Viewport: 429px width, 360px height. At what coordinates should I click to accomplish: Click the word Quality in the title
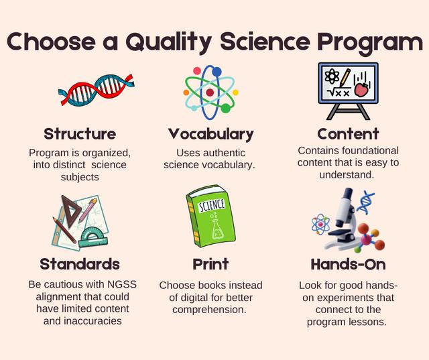tap(161, 42)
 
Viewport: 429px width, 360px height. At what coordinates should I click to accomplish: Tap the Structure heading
tap(80, 133)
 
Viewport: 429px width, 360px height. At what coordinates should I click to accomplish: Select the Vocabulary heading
tap(210, 133)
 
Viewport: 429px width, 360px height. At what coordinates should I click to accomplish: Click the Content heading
tap(348, 133)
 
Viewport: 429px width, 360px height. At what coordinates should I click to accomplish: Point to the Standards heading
tap(80, 263)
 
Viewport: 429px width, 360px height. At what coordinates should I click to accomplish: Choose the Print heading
tap(210, 263)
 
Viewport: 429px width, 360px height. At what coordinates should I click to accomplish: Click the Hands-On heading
tap(348, 263)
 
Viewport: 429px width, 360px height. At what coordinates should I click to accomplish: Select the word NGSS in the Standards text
tap(121, 284)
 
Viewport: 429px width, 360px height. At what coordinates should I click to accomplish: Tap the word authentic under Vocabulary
tap(229, 152)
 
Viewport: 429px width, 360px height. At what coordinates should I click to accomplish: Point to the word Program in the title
tap(362, 42)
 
